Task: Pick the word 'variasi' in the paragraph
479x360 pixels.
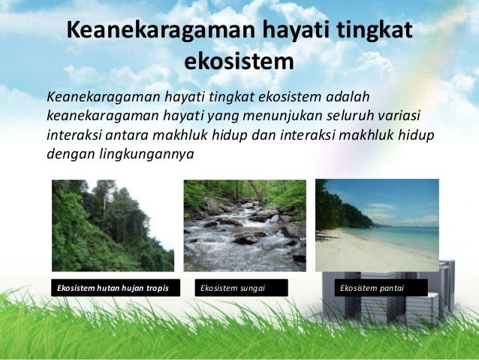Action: (x=397, y=117)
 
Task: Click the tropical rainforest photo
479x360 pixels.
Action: (x=113, y=225)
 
